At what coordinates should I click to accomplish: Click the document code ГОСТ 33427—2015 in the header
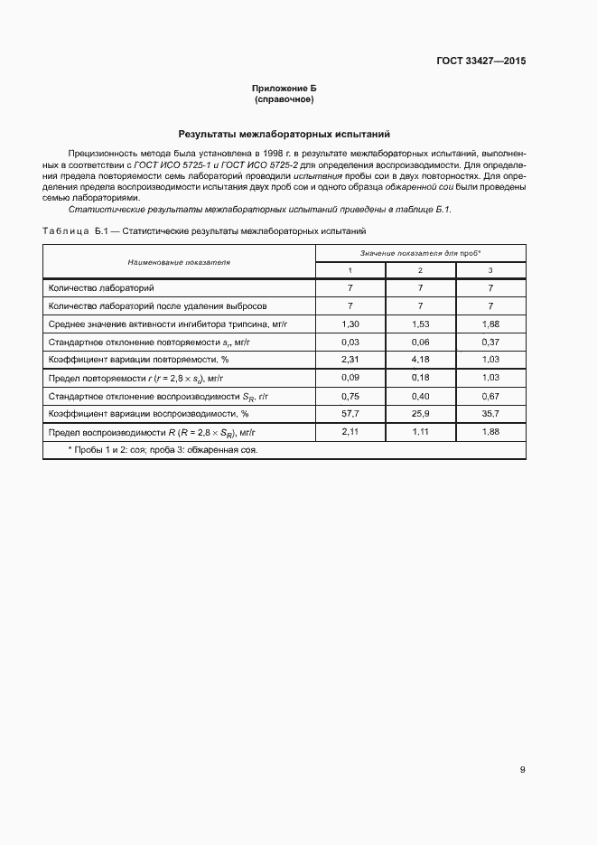pos(482,61)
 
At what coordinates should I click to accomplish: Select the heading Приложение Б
pos(284,88)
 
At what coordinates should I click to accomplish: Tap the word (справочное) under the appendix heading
pos(284,99)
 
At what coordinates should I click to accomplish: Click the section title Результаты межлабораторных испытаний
pos(284,133)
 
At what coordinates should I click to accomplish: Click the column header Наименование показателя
pos(179,262)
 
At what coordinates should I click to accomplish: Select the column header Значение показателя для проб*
pos(420,253)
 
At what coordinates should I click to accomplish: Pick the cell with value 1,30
pos(350,323)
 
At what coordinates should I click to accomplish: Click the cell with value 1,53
pos(420,323)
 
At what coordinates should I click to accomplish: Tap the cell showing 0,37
pos(490,342)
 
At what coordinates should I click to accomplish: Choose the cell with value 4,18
pos(420,360)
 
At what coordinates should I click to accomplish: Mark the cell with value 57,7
pos(350,414)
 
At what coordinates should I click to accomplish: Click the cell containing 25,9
pos(420,414)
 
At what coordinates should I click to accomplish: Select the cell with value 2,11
pos(350,432)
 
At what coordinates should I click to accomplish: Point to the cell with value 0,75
pos(350,396)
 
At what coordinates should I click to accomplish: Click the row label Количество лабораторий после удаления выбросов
pos(145,305)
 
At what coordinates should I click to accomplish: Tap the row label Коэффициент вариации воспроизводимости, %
pos(148,414)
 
